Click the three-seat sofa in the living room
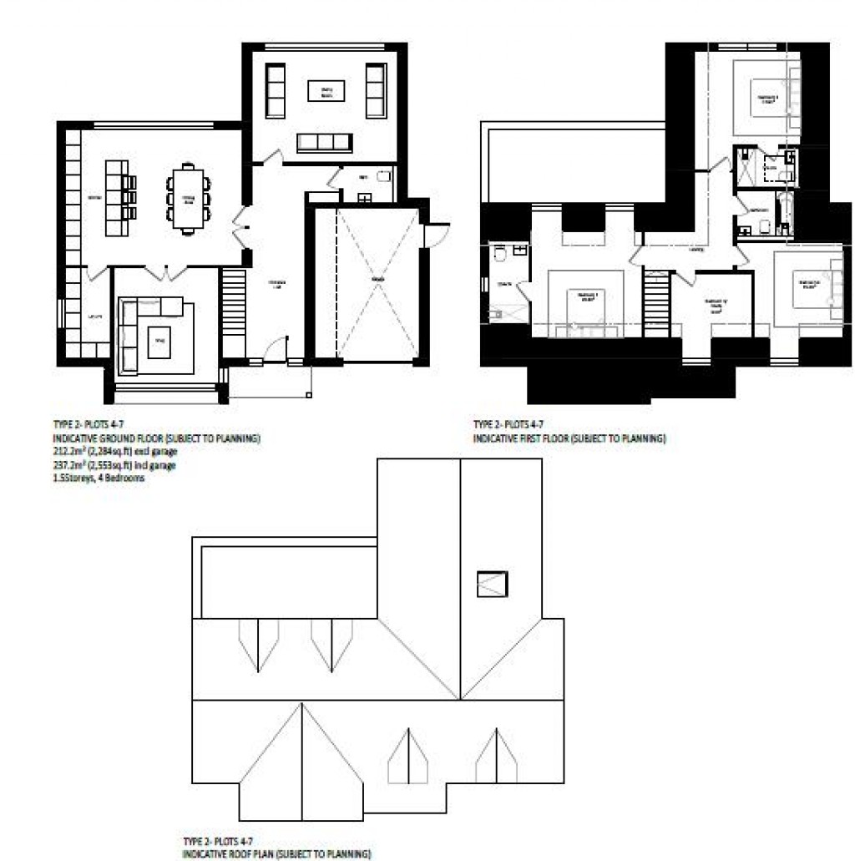click(x=324, y=143)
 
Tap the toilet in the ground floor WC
click(x=384, y=178)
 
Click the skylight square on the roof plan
click(x=493, y=583)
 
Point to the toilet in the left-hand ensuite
click(x=499, y=253)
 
